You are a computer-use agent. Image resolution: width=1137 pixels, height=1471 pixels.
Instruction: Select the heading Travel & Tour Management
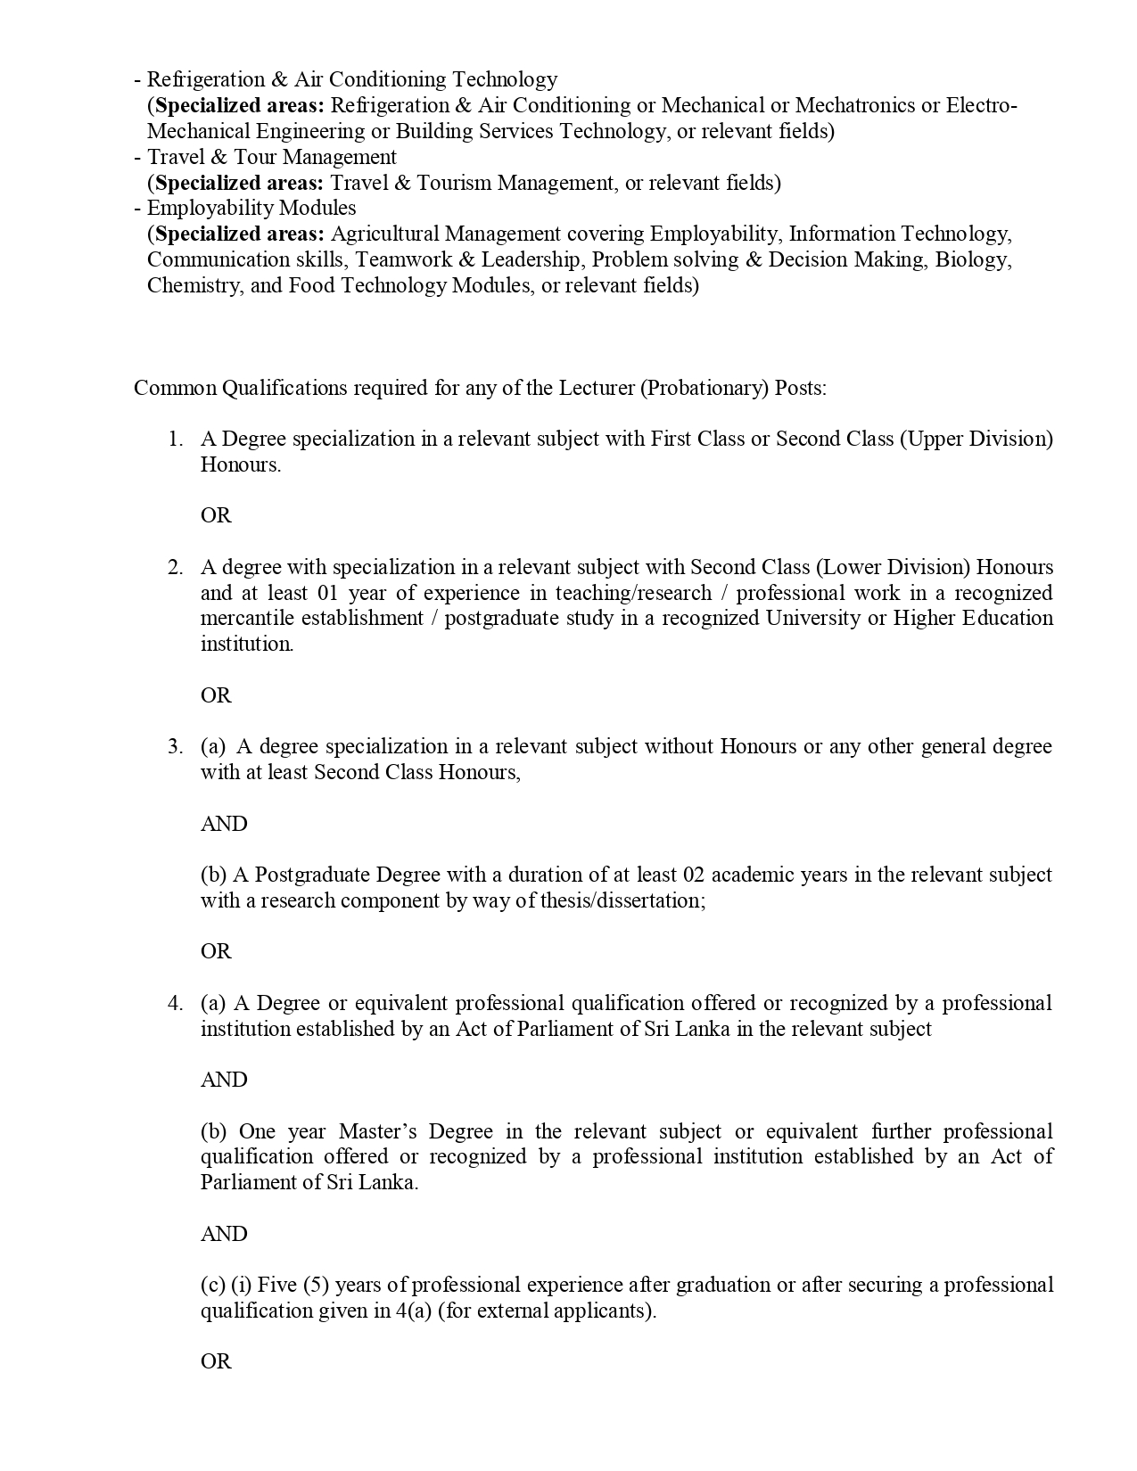point(272,157)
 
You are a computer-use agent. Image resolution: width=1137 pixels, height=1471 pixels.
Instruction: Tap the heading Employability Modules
point(251,208)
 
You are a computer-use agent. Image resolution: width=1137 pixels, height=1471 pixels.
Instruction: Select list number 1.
point(175,440)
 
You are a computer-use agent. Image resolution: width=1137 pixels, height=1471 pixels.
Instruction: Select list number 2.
point(175,568)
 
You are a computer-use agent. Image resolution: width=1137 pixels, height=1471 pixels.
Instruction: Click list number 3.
point(175,747)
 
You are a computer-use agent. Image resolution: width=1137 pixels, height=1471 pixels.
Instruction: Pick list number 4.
point(175,1004)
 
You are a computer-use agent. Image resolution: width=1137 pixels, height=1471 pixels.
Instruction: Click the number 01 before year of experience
point(326,594)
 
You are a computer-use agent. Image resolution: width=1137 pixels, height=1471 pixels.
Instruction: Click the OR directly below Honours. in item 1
point(216,515)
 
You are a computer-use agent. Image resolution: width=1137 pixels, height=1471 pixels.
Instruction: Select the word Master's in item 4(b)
point(378,1132)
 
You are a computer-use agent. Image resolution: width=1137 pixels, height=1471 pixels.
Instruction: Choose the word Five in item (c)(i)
point(276,1286)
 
